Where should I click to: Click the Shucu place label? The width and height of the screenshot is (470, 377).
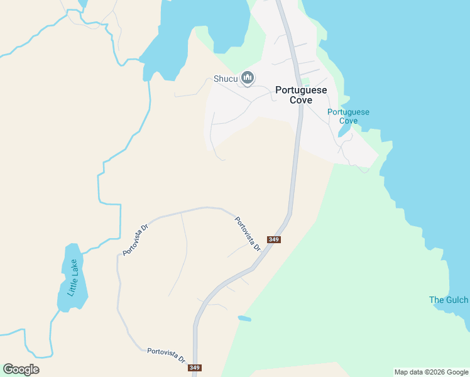[226, 79]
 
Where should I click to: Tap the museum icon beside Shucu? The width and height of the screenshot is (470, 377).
[248, 78]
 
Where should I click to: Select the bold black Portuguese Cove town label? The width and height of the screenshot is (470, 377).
[301, 95]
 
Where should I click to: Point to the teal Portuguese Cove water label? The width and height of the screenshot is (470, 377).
[349, 116]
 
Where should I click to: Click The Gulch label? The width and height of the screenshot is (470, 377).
[449, 300]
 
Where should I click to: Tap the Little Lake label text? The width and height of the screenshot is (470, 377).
[73, 278]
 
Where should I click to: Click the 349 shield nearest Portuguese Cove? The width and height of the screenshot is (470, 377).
[273, 239]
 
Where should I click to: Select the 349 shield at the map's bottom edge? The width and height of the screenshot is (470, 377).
[195, 368]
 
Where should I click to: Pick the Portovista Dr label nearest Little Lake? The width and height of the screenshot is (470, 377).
[135, 239]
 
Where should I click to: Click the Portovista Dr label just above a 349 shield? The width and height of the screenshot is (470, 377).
[248, 234]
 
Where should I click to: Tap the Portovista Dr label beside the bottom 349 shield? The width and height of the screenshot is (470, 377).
[167, 355]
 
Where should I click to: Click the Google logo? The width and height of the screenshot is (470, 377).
[21, 369]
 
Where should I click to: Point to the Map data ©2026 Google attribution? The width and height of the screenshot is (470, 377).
[432, 372]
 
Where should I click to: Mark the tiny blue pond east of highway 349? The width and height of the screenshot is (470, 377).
[244, 319]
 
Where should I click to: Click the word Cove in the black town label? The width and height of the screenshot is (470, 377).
[301, 101]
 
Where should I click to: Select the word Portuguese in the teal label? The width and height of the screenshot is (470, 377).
[349, 112]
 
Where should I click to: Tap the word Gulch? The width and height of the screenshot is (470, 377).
[457, 300]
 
